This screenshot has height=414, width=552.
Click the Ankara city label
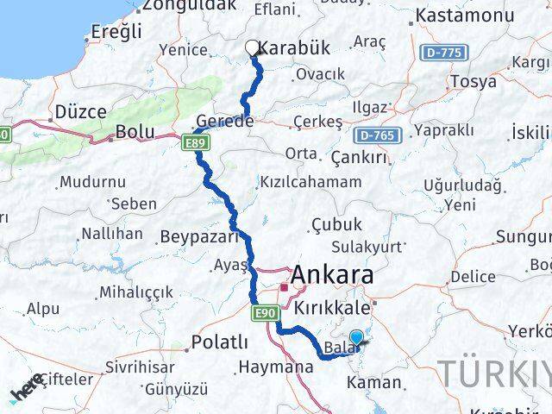point(332,275)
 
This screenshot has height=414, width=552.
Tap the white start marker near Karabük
point(253,48)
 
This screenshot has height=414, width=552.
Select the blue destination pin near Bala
point(357,339)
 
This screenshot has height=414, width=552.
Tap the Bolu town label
point(137,133)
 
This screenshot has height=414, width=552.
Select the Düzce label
point(79,112)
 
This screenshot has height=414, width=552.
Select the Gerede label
point(225,122)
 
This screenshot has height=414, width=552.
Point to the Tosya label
point(467,82)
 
